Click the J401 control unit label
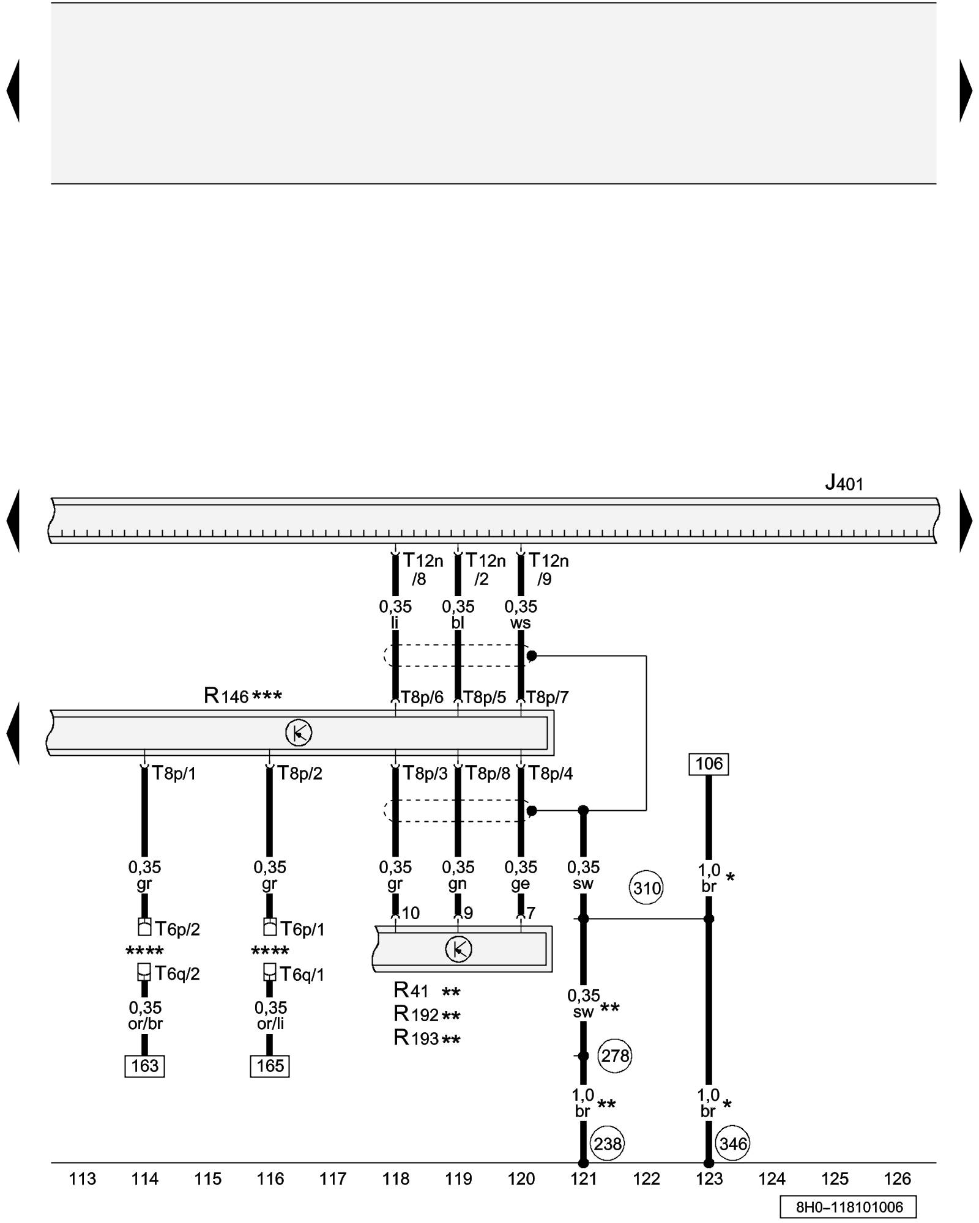click(x=844, y=484)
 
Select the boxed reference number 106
click(x=709, y=764)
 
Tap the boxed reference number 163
click(x=144, y=1066)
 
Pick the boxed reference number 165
click(x=270, y=1066)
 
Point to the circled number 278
click(x=614, y=1055)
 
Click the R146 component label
click(x=226, y=696)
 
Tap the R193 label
click(x=417, y=1038)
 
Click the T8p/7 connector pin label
click(x=548, y=697)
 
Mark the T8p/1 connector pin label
click(x=174, y=774)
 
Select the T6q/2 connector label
click(x=177, y=974)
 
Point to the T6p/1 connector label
click(x=302, y=929)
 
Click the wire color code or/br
click(x=145, y=1024)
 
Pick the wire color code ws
click(x=520, y=623)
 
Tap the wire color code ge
click(x=520, y=884)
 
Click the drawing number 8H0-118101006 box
click(x=849, y=1207)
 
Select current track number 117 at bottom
click(x=333, y=1178)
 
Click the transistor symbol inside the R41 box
click(x=458, y=949)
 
